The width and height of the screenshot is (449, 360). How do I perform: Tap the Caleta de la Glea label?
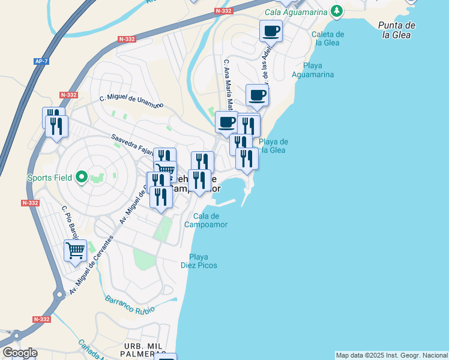click(328, 38)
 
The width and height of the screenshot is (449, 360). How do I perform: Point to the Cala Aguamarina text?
click(296, 12)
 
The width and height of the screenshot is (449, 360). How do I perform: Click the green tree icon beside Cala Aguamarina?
click(337, 11)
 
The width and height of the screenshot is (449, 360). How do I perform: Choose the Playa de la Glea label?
click(274, 146)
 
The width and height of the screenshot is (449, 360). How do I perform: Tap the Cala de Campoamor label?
click(206, 220)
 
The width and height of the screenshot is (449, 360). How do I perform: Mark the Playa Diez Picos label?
click(199, 260)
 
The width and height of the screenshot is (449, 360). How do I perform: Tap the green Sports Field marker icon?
click(82, 178)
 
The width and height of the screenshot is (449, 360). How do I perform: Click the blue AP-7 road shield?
click(41, 61)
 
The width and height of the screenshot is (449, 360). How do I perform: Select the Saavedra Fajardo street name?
click(133, 144)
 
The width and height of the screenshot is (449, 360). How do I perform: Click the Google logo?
click(20, 353)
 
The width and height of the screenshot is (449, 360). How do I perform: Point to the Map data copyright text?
click(391, 355)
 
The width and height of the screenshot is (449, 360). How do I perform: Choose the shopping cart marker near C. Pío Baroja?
click(75, 250)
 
